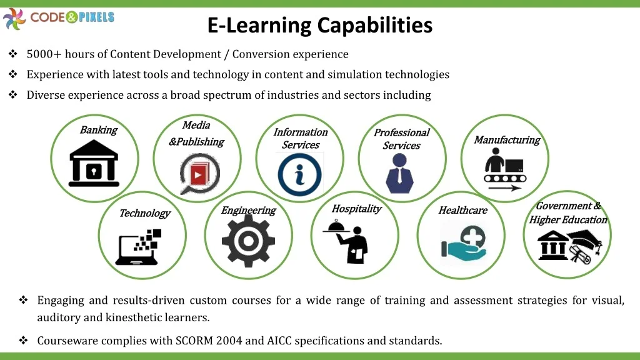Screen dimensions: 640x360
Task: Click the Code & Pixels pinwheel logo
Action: (14, 19)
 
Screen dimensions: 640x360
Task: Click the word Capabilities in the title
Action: (374, 25)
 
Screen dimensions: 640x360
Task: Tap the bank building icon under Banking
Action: (94, 163)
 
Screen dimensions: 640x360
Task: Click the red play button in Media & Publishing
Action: (198, 175)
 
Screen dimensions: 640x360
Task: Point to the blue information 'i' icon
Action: (299, 175)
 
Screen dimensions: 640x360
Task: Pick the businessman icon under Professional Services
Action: (399, 173)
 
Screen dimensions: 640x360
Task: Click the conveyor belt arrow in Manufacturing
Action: (504, 188)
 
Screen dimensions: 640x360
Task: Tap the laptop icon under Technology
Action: (138, 247)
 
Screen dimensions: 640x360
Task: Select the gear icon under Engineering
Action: (248, 241)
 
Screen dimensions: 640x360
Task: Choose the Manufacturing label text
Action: (507, 140)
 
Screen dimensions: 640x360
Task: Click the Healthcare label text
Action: (463, 210)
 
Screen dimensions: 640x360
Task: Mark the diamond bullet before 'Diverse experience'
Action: (13, 95)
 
